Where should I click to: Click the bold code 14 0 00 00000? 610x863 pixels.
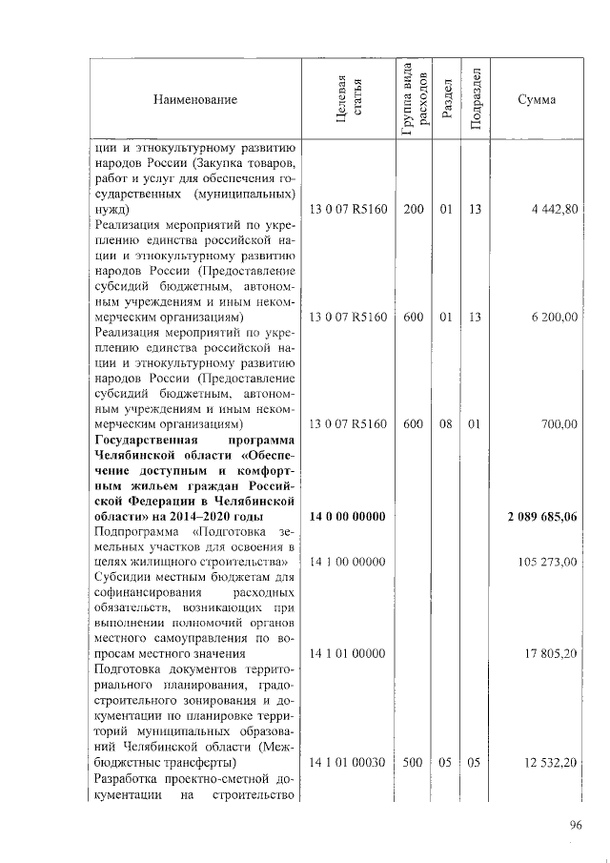(x=348, y=517)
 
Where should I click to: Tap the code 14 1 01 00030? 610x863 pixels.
(x=348, y=763)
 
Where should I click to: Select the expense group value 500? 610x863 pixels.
(x=414, y=763)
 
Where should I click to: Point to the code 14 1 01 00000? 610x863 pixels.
(x=348, y=654)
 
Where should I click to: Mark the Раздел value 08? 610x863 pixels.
(x=445, y=423)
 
